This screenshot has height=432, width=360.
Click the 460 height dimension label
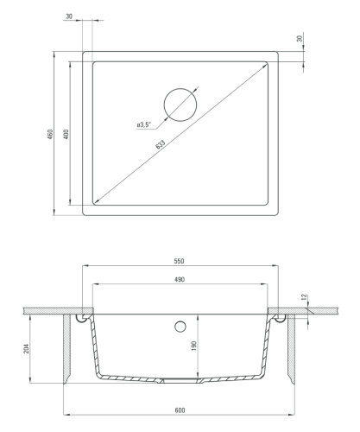[x=50, y=134]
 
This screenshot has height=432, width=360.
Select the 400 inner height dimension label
[x=66, y=134]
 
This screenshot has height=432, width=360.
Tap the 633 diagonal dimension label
[x=161, y=144]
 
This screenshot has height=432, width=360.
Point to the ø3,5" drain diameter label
[x=144, y=125]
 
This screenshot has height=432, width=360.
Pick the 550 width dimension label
[x=179, y=261]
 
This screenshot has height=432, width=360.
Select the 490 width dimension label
[x=180, y=279]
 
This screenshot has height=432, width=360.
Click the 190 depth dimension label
[x=193, y=346]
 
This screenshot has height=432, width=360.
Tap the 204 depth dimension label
[x=26, y=349]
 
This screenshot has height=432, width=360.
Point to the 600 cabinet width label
[x=180, y=410]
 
